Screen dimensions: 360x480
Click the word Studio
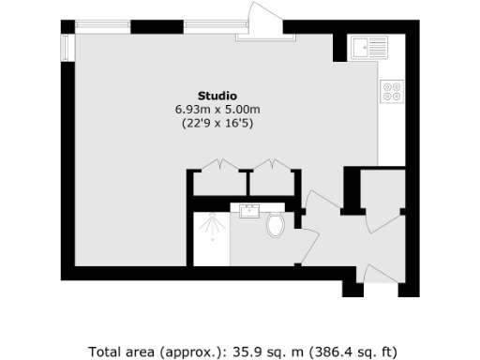click(x=217, y=96)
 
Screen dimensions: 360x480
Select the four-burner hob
click(x=390, y=93)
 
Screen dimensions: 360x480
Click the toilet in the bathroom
click(x=275, y=225)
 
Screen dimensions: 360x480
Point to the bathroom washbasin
click(x=250, y=211)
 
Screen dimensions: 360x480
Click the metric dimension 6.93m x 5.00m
click(x=217, y=110)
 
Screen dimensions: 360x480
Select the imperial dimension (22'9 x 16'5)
click(x=217, y=124)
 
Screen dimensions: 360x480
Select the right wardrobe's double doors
click(x=272, y=166)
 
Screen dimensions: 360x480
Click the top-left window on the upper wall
click(x=104, y=25)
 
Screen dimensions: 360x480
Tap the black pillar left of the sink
click(x=338, y=46)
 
